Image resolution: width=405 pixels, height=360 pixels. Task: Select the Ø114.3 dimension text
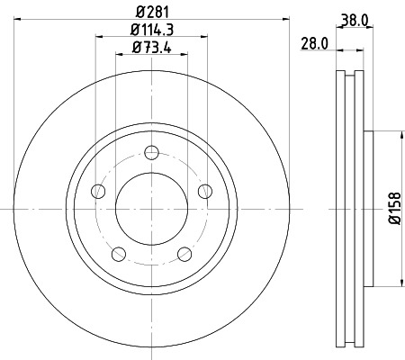[x=151, y=31]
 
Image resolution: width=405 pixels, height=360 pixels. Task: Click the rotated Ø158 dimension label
[x=394, y=209]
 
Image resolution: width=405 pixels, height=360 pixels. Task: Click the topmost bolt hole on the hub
[x=151, y=151]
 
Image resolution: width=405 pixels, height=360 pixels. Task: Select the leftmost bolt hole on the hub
[x=97, y=190]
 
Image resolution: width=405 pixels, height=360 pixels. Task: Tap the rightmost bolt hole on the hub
[x=205, y=190]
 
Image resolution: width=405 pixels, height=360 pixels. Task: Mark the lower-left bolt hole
[x=118, y=253]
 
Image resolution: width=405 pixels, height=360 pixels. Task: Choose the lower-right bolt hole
[x=184, y=253]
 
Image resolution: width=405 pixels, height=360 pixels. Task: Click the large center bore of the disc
[x=151, y=208]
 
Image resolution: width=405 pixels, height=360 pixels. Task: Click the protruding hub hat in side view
[x=367, y=208]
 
